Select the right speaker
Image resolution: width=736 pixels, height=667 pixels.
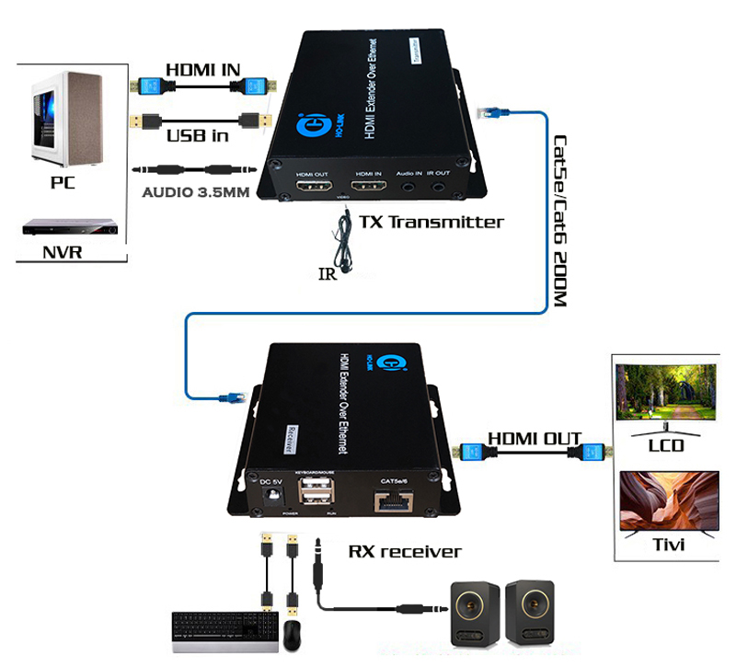pos(530,610)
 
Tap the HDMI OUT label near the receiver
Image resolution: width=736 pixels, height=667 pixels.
pos(535,438)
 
